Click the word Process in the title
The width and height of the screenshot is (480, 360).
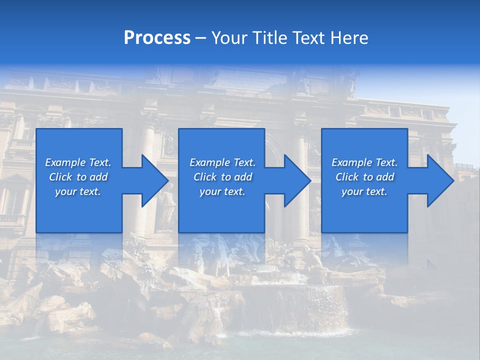(x=157, y=38)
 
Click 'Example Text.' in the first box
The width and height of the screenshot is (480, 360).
(x=78, y=162)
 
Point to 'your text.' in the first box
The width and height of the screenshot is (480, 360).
(x=78, y=191)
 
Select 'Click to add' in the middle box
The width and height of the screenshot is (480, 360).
(x=222, y=177)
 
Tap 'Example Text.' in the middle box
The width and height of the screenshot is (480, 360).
(x=222, y=162)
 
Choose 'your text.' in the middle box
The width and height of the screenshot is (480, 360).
(x=222, y=191)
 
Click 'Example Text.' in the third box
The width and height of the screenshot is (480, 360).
(x=364, y=162)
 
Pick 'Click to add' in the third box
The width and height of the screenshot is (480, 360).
(x=364, y=177)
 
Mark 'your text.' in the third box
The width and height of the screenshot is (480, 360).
(x=364, y=191)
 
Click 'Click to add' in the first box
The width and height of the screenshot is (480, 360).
(x=78, y=177)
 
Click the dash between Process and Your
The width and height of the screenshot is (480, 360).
(x=201, y=38)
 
